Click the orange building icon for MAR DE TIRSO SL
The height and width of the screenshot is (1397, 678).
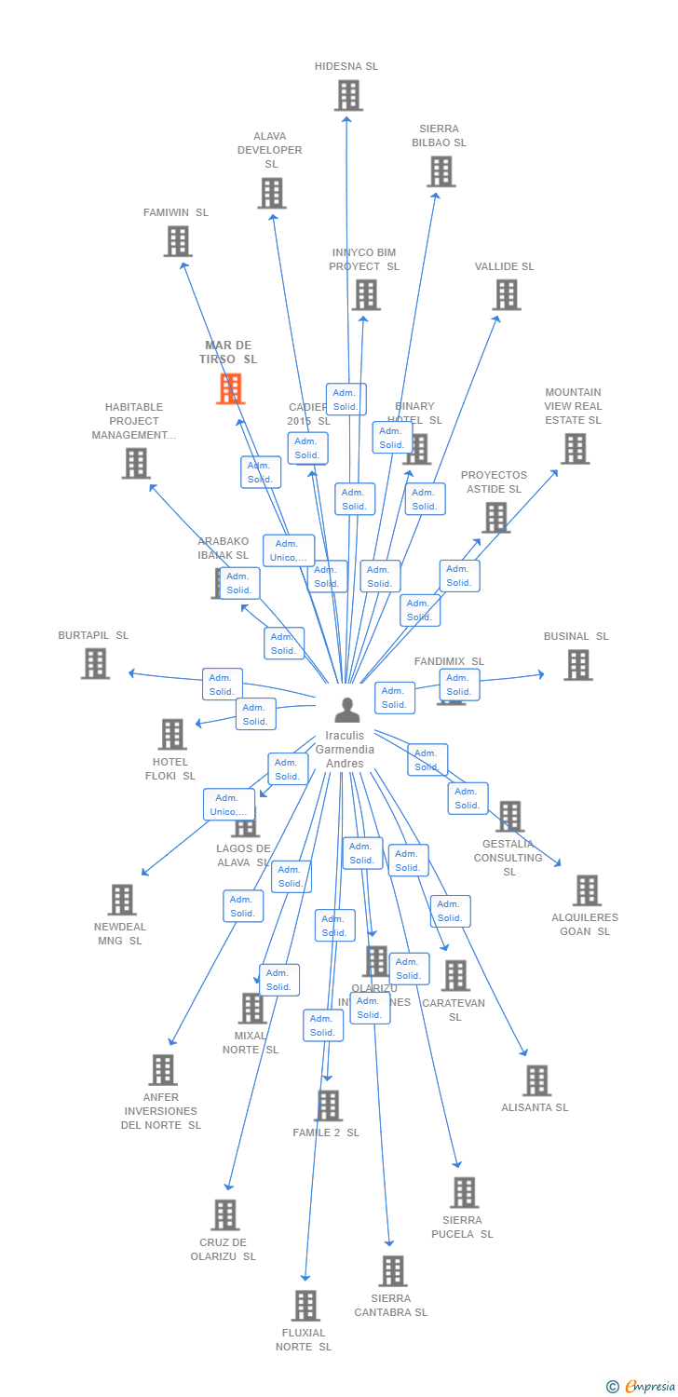(x=230, y=388)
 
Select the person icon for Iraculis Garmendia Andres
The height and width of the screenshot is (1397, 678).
(x=346, y=711)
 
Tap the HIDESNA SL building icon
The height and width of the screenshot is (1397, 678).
(x=348, y=95)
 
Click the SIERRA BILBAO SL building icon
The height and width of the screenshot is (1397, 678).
(x=441, y=171)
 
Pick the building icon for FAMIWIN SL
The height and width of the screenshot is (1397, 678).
(x=178, y=241)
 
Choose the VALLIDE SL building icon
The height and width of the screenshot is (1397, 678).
(x=506, y=295)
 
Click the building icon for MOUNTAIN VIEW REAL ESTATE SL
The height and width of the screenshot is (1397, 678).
(x=575, y=449)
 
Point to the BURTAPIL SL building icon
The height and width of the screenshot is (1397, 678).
(x=95, y=663)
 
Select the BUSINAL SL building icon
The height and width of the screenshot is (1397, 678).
(x=577, y=665)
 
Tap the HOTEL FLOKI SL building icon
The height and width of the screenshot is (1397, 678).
(x=172, y=734)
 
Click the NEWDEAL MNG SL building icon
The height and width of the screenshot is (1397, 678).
(x=122, y=900)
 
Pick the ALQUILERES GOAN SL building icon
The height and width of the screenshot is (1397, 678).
(x=586, y=890)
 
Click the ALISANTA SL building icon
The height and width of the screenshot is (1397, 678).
(x=536, y=1080)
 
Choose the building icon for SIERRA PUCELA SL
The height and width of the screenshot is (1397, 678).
(x=464, y=1192)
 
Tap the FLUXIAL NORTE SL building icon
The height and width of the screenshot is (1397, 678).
(x=305, y=1306)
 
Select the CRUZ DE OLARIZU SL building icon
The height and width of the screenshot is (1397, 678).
(x=224, y=1214)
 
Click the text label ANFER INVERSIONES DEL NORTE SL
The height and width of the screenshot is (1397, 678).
(x=162, y=1111)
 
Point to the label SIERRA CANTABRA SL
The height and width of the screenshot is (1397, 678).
(x=391, y=1305)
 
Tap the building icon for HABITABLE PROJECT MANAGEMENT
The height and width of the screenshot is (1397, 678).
(x=136, y=463)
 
